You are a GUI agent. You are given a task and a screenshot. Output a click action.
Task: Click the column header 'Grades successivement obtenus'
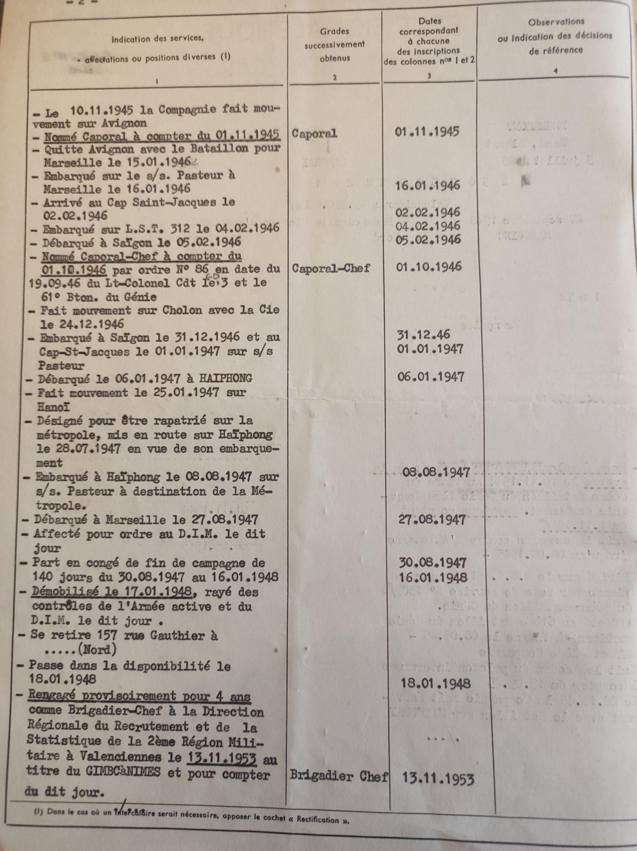[x=335, y=44]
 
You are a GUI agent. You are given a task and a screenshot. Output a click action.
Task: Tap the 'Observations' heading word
[x=556, y=21]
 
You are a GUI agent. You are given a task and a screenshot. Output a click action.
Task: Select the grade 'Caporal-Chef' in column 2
[x=331, y=268]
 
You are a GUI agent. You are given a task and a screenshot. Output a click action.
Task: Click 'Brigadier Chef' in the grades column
[x=339, y=776]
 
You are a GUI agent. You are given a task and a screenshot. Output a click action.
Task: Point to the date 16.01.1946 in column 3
[x=428, y=186]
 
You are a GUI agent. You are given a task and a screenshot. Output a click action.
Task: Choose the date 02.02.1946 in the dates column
[x=428, y=212]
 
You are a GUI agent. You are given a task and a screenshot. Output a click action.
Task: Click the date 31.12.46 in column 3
[x=423, y=335]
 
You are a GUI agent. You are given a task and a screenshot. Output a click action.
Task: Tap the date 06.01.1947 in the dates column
[x=430, y=377]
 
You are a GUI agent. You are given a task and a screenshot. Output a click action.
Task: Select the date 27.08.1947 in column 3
[x=432, y=519]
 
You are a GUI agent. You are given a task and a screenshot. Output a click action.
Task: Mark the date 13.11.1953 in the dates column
[x=438, y=779]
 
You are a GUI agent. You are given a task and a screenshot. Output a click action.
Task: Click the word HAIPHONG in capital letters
[x=226, y=378]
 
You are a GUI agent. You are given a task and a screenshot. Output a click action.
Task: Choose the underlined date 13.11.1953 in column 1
[x=221, y=757]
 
